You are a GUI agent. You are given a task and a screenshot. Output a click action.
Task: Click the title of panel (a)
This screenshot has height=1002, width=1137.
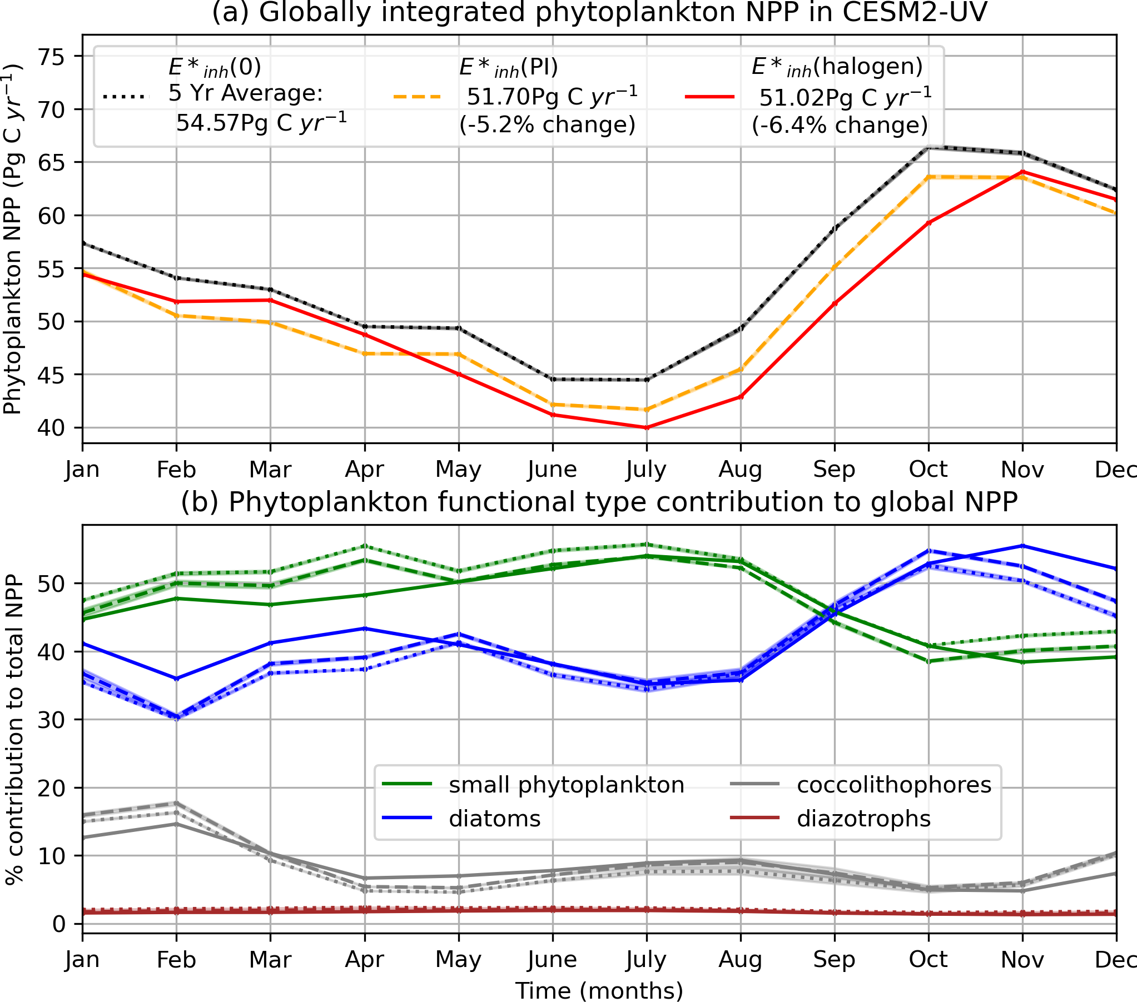tap(599, 12)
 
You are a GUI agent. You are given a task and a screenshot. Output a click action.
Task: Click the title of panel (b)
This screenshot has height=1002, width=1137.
tap(599, 502)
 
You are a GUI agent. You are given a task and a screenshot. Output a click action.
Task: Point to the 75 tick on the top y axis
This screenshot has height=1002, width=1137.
tap(51, 57)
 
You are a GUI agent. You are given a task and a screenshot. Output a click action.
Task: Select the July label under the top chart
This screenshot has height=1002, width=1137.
tap(646, 470)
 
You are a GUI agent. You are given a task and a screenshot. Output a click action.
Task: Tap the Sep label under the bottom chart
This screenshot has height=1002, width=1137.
tap(834, 959)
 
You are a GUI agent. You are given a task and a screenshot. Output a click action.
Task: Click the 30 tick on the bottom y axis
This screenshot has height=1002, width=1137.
tap(51, 720)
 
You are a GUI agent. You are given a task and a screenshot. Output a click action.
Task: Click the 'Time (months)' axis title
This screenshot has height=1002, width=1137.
tap(599, 990)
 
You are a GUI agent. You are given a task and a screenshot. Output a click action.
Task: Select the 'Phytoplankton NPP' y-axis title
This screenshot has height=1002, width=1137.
tap(12, 239)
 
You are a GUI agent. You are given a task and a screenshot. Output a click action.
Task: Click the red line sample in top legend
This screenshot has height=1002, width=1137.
tap(709, 97)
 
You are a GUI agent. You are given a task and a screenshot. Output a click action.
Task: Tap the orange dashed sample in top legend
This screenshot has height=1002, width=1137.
tap(417, 97)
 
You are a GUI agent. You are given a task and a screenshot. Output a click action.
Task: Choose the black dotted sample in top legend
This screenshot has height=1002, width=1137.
tap(126, 97)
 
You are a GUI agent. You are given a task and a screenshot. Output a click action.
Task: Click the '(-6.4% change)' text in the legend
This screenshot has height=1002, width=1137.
tap(840, 125)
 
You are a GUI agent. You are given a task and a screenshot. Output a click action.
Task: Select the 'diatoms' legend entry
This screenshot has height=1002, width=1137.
tap(494, 819)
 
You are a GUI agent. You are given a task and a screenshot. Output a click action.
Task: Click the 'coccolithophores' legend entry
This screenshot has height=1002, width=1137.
tap(894, 785)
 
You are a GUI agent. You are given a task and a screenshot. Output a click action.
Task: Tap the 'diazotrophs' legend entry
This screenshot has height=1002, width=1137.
tap(863, 819)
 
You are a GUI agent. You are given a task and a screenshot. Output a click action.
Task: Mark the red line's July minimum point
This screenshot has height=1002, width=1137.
tap(647, 427)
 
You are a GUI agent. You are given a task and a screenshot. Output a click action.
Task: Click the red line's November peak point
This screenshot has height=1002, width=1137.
tap(1022, 171)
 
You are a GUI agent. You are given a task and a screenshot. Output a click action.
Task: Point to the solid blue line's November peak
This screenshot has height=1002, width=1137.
tap(1022, 546)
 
